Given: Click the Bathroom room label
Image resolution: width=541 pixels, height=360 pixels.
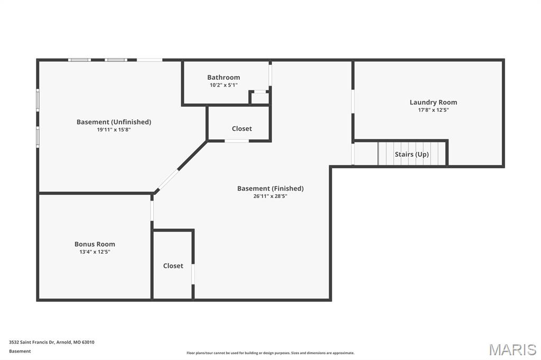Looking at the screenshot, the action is point(223,77).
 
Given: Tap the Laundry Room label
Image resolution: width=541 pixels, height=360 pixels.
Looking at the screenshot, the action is point(433,102).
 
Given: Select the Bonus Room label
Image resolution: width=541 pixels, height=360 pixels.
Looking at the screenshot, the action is point(95,244).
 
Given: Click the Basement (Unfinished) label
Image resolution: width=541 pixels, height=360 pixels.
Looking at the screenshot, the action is point(114,122).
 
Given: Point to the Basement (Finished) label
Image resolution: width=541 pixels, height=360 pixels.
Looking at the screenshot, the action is point(270,188).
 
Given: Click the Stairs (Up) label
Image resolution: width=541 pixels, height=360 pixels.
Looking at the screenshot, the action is point(412,154).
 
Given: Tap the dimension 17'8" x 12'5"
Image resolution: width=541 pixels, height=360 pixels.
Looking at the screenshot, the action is point(433,110).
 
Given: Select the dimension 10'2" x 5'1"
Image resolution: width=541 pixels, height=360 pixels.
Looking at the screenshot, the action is point(223,85).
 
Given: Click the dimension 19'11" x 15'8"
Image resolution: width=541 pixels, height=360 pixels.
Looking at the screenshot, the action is point(114,130).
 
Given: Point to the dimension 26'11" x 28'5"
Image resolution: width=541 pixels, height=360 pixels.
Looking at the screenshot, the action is point(270,196).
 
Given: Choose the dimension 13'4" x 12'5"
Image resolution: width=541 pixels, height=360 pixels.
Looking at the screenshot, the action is point(95,252).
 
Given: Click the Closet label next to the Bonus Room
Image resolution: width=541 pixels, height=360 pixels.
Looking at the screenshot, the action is point(173,266).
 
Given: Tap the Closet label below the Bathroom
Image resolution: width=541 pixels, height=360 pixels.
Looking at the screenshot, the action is point(242,129).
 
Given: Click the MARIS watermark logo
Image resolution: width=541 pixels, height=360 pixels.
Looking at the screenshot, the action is point(512,349).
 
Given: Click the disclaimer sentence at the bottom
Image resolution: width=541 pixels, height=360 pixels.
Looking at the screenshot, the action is point(270,353).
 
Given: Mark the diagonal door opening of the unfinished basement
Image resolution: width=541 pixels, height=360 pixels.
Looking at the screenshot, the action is point(167,180).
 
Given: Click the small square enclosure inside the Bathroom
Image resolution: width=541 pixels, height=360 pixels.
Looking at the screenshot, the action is point(259,97).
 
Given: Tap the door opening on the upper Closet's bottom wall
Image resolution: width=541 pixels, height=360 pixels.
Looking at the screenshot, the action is point(237,141).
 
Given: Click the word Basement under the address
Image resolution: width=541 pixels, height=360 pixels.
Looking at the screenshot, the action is point(20,351).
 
